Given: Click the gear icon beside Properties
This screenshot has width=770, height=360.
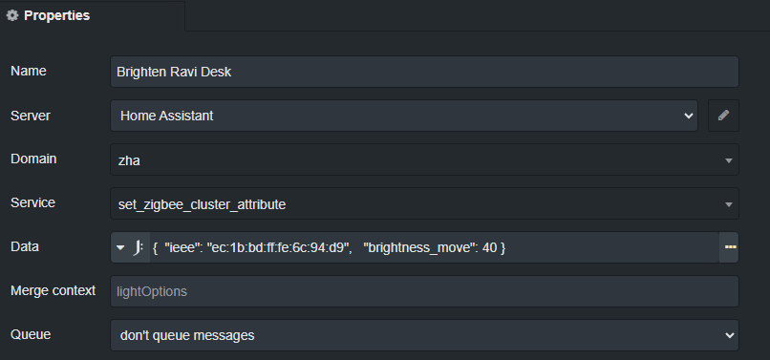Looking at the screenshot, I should [x=12, y=15].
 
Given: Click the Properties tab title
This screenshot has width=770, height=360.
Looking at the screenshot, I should [x=56, y=15].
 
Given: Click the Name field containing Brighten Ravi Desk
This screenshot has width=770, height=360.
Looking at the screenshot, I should [x=424, y=72].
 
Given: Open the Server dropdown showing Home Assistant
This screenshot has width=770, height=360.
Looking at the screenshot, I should [x=403, y=116].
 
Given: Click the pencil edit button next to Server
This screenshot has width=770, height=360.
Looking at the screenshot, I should [x=723, y=116].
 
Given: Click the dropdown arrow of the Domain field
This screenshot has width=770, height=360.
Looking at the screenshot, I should [x=729, y=159].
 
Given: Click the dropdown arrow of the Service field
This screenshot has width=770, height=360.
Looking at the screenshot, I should [x=729, y=203].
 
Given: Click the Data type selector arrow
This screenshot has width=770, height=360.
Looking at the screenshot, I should [x=120, y=248].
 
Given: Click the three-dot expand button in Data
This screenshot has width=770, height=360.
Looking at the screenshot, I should [x=731, y=247].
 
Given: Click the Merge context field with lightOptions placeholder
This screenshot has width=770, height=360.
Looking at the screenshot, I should [x=424, y=291].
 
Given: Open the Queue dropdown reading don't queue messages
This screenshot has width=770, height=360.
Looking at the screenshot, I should [x=424, y=335].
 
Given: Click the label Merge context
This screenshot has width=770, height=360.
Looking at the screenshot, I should [x=53, y=290].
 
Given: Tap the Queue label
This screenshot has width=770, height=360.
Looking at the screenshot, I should [x=30, y=334].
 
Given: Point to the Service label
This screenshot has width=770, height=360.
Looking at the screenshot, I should [x=32, y=202].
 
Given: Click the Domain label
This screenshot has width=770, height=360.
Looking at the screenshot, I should [x=33, y=159].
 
